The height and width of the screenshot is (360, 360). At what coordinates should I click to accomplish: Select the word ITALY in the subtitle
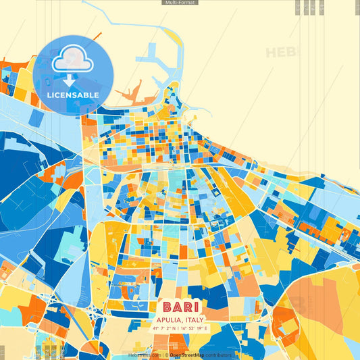tap(195, 319)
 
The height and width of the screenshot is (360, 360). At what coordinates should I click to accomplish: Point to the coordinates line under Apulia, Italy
tap(180, 328)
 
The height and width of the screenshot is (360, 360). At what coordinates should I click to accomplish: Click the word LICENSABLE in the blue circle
tap(73, 95)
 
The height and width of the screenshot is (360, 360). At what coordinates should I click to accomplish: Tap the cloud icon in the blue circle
tap(73, 61)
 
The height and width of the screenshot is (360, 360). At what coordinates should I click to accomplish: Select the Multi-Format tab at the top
tap(180, 3)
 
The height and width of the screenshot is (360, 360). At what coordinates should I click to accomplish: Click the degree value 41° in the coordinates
tap(155, 328)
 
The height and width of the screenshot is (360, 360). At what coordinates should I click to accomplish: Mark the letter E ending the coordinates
tap(207, 328)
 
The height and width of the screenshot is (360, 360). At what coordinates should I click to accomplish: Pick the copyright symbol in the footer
tap(167, 355)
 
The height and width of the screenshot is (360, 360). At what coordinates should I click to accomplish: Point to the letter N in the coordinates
tap(173, 328)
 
